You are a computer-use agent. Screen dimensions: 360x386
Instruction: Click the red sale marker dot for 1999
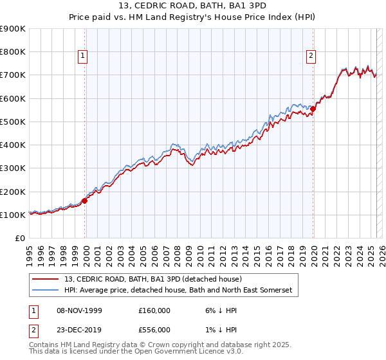point(84,201)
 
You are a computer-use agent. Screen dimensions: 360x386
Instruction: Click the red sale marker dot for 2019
point(313,109)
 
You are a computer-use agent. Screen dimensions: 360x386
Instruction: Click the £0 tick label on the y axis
point(19,239)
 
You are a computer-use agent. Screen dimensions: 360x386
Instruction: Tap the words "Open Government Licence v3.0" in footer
point(190,352)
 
